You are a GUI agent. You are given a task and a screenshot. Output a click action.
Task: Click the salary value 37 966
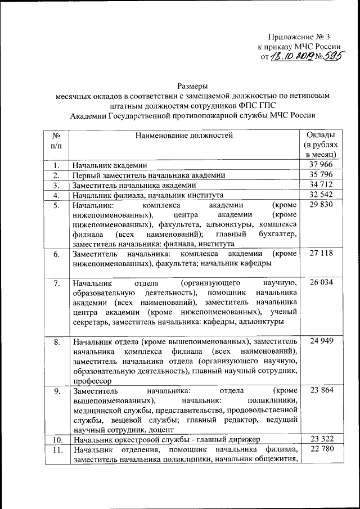click(x=321, y=165)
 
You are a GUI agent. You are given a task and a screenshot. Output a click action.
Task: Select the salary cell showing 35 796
click(x=321, y=175)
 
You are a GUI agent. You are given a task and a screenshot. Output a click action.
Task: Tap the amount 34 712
click(x=321, y=185)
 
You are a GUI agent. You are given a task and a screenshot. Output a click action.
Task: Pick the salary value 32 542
click(x=321, y=195)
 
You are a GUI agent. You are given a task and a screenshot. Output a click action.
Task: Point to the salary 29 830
click(x=321, y=205)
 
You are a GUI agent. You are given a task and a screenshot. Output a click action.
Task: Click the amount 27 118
click(x=321, y=254)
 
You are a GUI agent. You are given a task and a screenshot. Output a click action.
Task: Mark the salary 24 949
click(x=321, y=341)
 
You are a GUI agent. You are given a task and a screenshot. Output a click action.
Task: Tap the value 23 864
click(x=321, y=390)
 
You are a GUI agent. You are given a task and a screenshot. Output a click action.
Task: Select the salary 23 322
click(x=321, y=439)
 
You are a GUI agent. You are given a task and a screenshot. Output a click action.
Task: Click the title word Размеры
click(x=192, y=86)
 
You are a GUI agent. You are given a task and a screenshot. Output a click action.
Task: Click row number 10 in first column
click(x=56, y=439)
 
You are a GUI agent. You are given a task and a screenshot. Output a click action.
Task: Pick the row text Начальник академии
click(x=109, y=165)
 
